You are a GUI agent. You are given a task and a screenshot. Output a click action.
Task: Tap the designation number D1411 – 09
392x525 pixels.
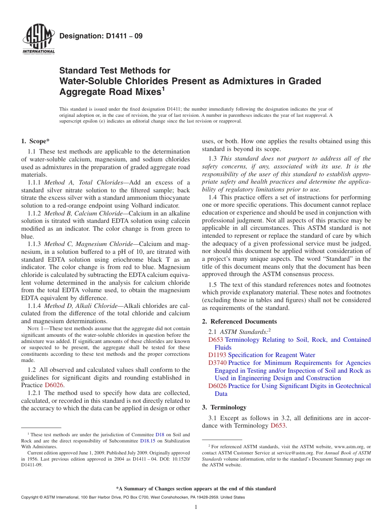pyautogui.click(x=101, y=36)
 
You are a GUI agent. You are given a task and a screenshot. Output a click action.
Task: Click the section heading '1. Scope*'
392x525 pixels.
pyautogui.click(x=35, y=141)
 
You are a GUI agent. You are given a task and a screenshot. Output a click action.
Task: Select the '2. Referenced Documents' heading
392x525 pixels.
pyautogui.click(x=239, y=322)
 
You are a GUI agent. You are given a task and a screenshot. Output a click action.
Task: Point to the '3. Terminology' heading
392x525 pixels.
pyautogui.click(x=224, y=407)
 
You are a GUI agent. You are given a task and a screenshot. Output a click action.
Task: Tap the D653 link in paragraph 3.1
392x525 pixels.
pyautogui.click(x=278, y=426)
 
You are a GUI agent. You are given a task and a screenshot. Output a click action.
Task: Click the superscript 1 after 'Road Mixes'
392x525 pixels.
pyautogui.click(x=163, y=89)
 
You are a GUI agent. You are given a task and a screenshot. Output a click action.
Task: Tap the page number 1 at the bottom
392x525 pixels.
pyautogui.click(x=196, y=507)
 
